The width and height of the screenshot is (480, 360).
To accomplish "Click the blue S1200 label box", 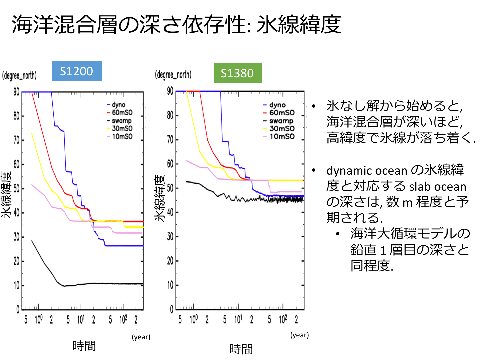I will coord(77,71).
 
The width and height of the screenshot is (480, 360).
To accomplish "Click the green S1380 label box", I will coord(237,73).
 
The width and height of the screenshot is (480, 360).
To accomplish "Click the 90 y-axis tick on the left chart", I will coord(16,92).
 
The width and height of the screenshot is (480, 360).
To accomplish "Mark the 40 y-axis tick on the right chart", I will coord(170,212).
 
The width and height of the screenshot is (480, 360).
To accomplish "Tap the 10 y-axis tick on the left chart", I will coord(16,285).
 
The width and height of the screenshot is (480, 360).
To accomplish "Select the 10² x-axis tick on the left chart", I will coord(123,320).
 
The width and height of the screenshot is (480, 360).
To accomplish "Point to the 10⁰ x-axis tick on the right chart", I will coord(194,320).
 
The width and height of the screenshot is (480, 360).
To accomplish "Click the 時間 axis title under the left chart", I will coord(84,346).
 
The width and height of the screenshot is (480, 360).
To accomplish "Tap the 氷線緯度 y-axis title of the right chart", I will coord(160,198).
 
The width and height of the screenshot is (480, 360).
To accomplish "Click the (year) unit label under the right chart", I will coord(299,335).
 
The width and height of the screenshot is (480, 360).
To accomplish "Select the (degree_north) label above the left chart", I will coord(19,76).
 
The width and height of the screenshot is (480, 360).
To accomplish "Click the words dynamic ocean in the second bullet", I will coord(366,171).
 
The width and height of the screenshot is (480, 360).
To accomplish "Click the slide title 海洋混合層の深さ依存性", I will coord(130,24).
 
